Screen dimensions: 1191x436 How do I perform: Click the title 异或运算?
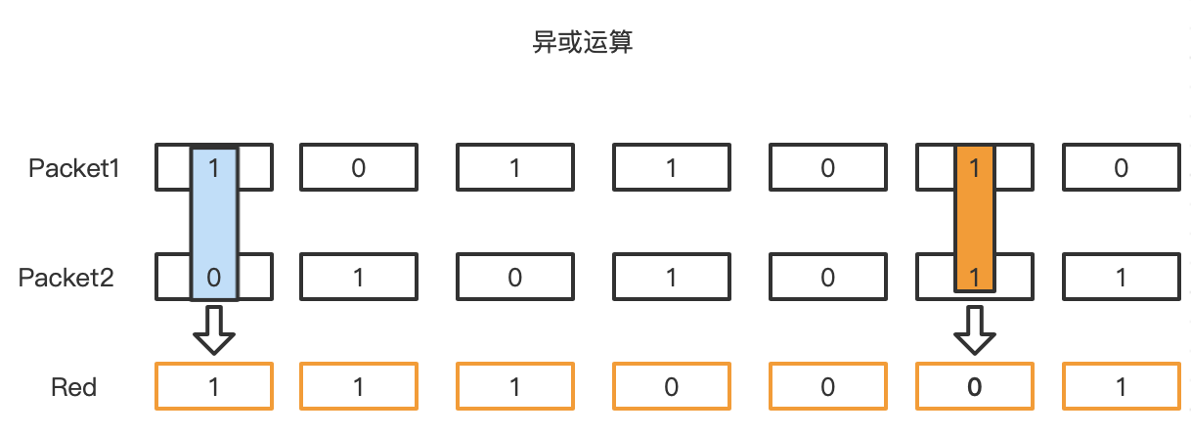[582, 44]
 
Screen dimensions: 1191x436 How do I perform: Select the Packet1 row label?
[74, 168]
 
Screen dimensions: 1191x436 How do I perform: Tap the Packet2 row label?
[67, 278]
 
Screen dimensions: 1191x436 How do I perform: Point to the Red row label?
[74, 387]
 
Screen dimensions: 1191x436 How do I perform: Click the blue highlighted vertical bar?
[214, 223]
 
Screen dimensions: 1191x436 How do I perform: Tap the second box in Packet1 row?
[358, 168]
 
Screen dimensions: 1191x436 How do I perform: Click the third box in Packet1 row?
[514, 168]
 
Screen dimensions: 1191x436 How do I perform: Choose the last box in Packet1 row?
[1121, 168]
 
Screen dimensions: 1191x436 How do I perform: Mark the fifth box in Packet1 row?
[827, 168]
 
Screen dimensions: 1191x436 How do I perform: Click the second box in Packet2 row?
[358, 278]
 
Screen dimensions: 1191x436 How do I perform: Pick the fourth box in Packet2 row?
[671, 278]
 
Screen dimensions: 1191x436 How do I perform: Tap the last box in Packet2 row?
[1121, 278]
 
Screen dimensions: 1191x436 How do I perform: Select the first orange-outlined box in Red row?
[214, 387]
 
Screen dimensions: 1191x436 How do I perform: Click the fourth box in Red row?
[671, 387]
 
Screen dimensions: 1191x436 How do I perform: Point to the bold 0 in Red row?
[974, 387]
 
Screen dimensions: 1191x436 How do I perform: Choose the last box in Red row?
[1121, 387]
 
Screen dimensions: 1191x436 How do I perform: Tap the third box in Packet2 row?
[514, 278]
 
